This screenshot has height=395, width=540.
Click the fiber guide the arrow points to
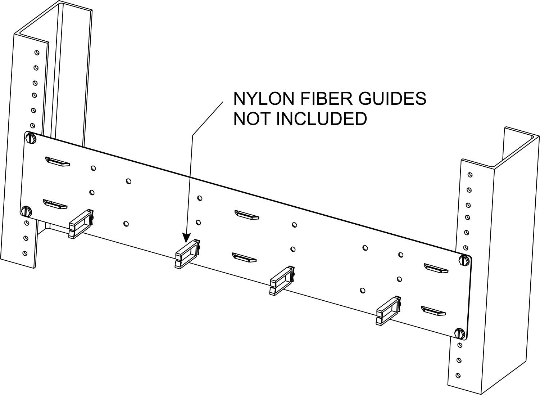(x=187, y=253)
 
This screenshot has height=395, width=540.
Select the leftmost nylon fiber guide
(x=81, y=224)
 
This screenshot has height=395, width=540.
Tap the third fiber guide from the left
(x=282, y=280)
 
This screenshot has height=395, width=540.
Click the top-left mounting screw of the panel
(x=31, y=138)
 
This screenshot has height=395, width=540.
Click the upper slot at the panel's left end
(x=58, y=161)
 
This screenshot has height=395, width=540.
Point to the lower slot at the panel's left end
(x=55, y=204)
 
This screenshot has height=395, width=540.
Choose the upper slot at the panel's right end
(x=436, y=268)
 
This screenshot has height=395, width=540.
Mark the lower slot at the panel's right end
(x=434, y=310)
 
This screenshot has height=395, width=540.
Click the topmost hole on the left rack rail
(x=37, y=53)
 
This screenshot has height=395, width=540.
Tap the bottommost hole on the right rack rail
(x=458, y=375)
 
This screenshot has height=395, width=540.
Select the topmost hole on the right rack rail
(x=469, y=175)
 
